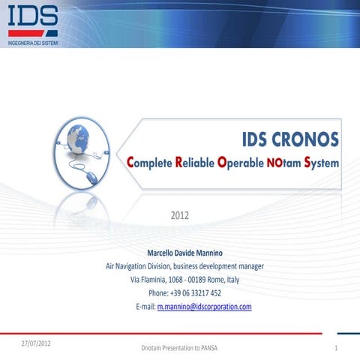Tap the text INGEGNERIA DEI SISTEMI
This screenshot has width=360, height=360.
click(x=32, y=43)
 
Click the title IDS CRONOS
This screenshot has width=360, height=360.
click(x=290, y=139)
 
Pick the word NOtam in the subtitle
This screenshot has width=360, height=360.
click(x=283, y=162)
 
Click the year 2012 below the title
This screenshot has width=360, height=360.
click(x=180, y=216)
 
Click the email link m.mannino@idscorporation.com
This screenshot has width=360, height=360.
click(x=203, y=307)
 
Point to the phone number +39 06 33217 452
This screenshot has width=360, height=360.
click(x=184, y=293)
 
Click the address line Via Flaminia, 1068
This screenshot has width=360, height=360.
click(x=184, y=280)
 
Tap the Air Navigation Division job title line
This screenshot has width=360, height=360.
click(x=184, y=266)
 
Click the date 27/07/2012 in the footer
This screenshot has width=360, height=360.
click(x=37, y=342)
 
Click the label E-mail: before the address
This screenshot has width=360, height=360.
click(x=144, y=307)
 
